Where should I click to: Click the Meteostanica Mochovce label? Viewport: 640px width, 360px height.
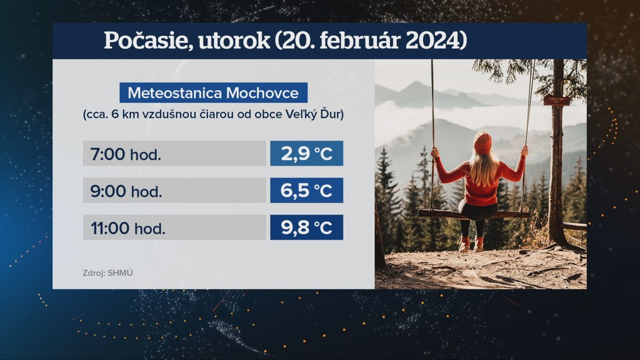[x=214, y=92]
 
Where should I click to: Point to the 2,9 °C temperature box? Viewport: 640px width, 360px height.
[x=306, y=154]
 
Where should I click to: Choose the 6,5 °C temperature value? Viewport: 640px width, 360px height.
[x=306, y=191]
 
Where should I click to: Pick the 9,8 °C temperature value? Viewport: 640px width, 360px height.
[x=306, y=227]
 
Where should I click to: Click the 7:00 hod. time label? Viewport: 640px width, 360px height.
[x=126, y=154]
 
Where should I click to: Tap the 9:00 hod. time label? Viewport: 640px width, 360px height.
[x=126, y=191]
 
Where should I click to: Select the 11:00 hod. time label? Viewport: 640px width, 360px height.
[x=127, y=228]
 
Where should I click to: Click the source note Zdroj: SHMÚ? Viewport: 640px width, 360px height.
[x=107, y=273]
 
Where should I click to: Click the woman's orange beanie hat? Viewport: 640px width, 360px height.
[x=483, y=143]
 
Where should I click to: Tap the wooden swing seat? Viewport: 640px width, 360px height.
[x=474, y=214]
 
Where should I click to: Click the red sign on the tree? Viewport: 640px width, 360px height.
[x=556, y=100]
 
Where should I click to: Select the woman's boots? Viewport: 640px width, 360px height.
[x=471, y=244]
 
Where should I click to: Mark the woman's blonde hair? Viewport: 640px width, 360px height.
[x=484, y=167]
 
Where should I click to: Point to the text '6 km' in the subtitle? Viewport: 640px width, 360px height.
[x=123, y=114]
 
